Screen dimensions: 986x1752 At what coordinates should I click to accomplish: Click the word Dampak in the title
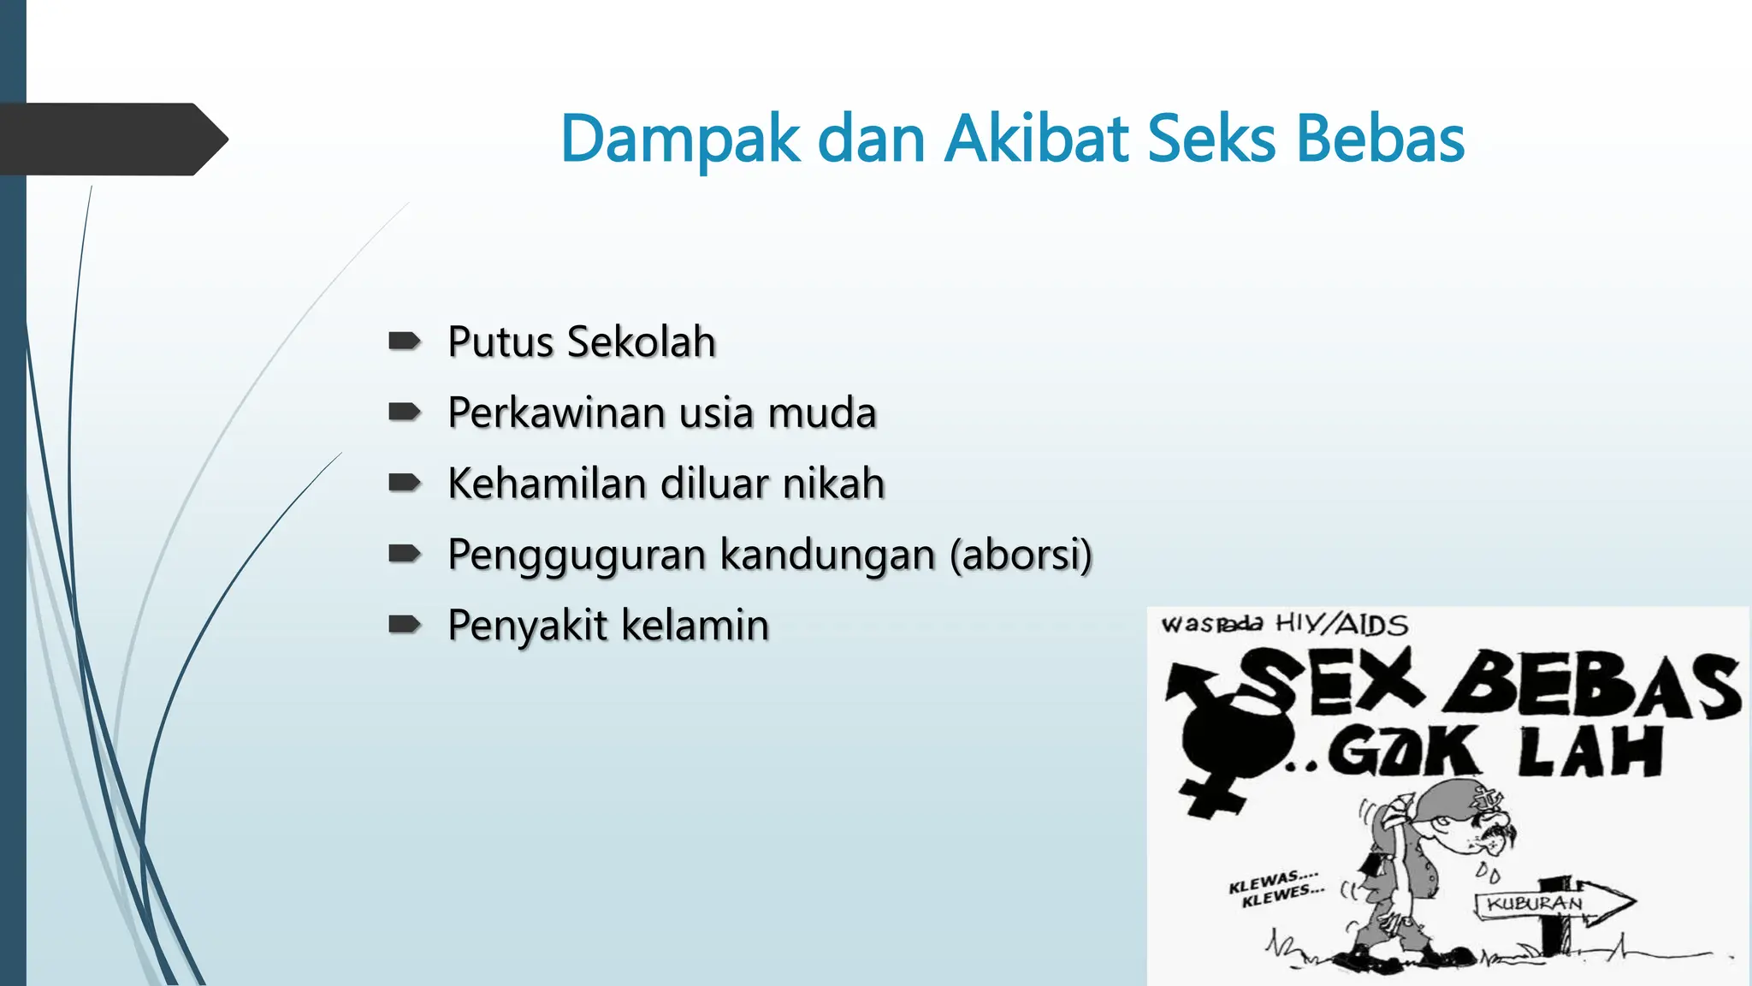(x=680, y=140)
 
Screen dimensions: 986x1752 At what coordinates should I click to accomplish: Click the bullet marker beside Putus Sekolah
(x=404, y=342)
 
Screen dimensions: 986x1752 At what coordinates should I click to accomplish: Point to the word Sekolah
(x=641, y=342)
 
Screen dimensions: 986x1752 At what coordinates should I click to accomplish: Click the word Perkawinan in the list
(x=557, y=413)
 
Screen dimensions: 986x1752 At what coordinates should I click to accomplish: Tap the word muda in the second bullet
(x=822, y=413)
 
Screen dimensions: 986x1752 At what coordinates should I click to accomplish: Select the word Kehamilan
(x=547, y=483)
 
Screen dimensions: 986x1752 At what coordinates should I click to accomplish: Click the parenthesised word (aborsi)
(x=1021, y=555)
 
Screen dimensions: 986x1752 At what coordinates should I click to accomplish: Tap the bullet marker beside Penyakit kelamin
(x=404, y=625)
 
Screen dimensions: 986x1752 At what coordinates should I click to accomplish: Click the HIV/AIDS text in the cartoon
(x=1341, y=624)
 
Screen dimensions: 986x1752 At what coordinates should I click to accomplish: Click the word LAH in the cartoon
(x=1590, y=751)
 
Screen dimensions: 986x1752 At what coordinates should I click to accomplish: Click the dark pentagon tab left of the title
(x=111, y=140)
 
